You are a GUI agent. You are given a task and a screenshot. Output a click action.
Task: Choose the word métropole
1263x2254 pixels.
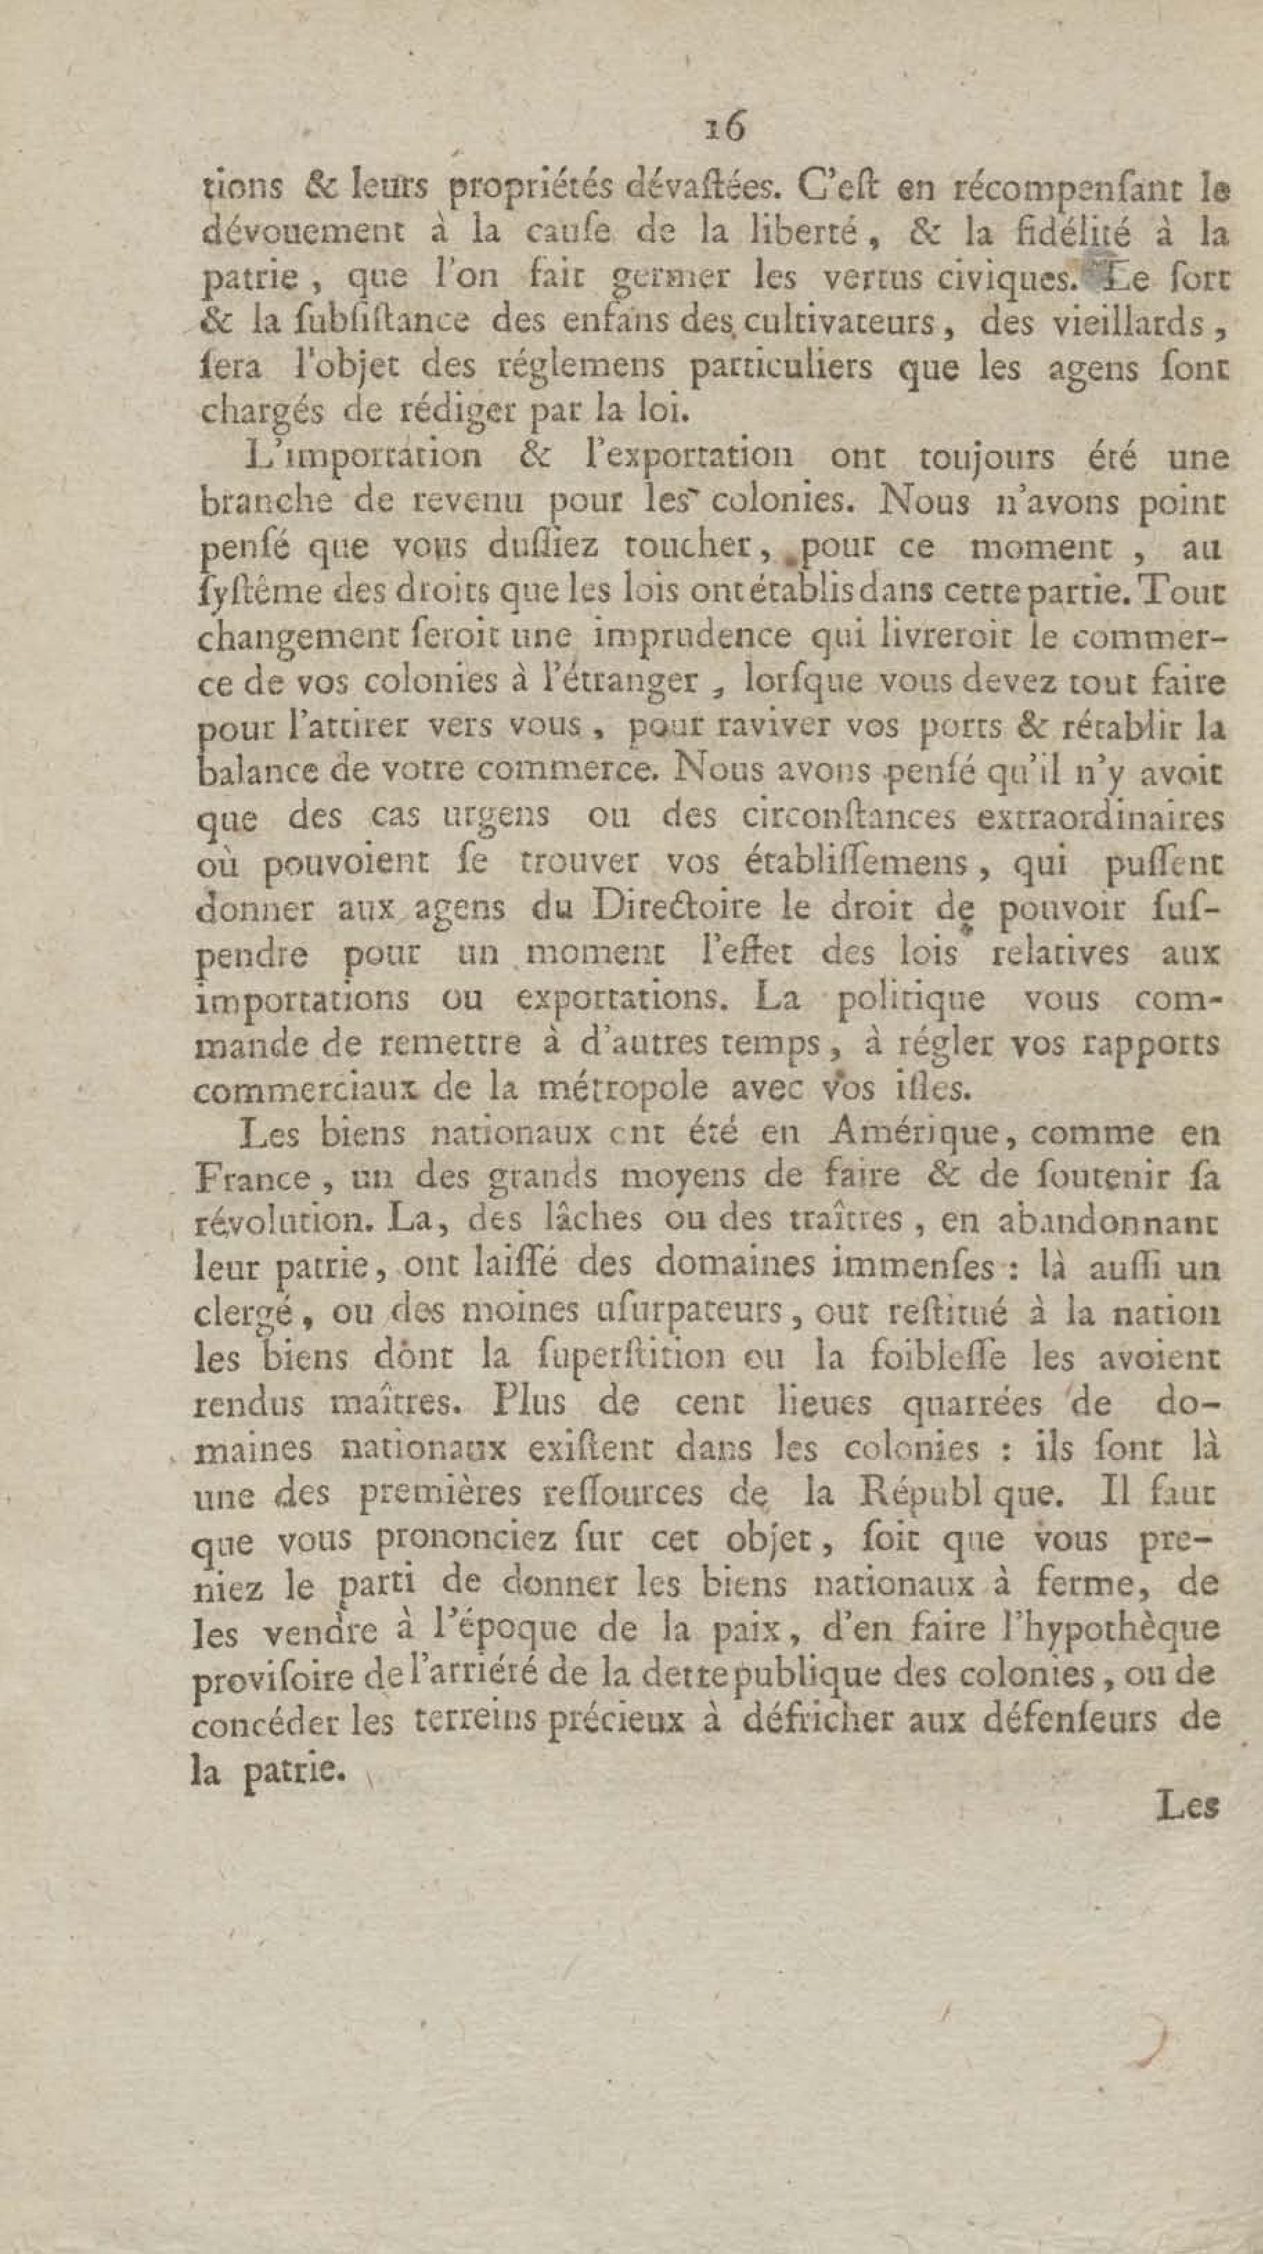(x=622, y=1089)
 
